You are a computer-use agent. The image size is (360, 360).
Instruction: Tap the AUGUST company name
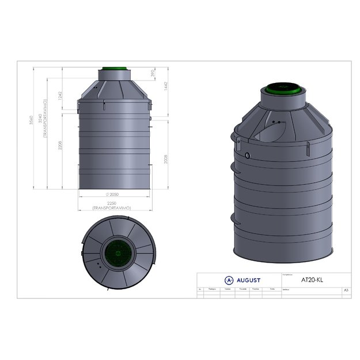248,281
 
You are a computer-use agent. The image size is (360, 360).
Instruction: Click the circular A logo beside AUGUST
229,281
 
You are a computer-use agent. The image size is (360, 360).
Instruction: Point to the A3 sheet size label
346,290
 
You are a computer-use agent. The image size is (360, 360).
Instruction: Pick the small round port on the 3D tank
247,155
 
